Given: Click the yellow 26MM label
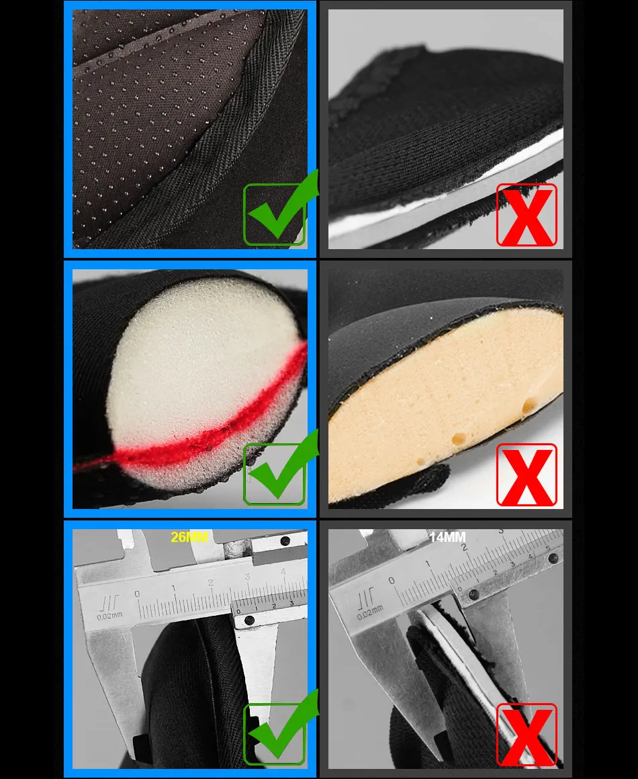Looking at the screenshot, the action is [x=189, y=537].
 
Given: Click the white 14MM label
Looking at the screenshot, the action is [x=448, y=537].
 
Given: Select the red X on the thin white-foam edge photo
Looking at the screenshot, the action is [x=527, y=215].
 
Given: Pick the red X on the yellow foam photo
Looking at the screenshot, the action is [x=527, y=475].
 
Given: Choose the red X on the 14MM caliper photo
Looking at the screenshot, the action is [x=527, y=735].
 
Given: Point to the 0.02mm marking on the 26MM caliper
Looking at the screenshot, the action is [x=109, y=616].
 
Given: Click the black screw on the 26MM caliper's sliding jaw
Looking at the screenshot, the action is [x=249, y=621].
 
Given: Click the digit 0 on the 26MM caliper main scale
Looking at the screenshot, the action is [x=137, y=594].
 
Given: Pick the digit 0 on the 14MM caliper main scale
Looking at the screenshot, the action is [x=392, y=580].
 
